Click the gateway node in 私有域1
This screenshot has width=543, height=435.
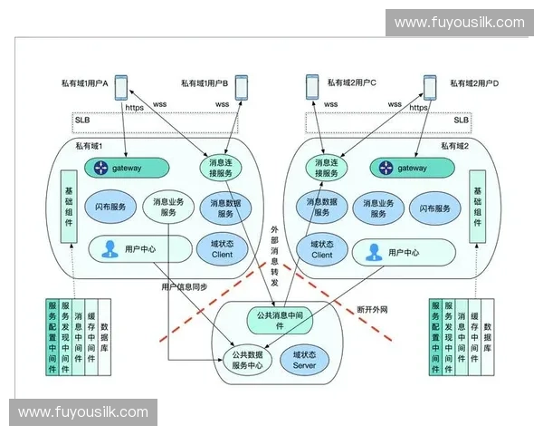126,168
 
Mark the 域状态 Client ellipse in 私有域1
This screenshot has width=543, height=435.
222,248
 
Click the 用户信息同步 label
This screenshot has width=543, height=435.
186,286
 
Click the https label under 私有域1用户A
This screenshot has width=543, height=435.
134,107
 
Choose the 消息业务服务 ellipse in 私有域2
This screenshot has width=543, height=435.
378,208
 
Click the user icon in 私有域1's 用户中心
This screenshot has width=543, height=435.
110,248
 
